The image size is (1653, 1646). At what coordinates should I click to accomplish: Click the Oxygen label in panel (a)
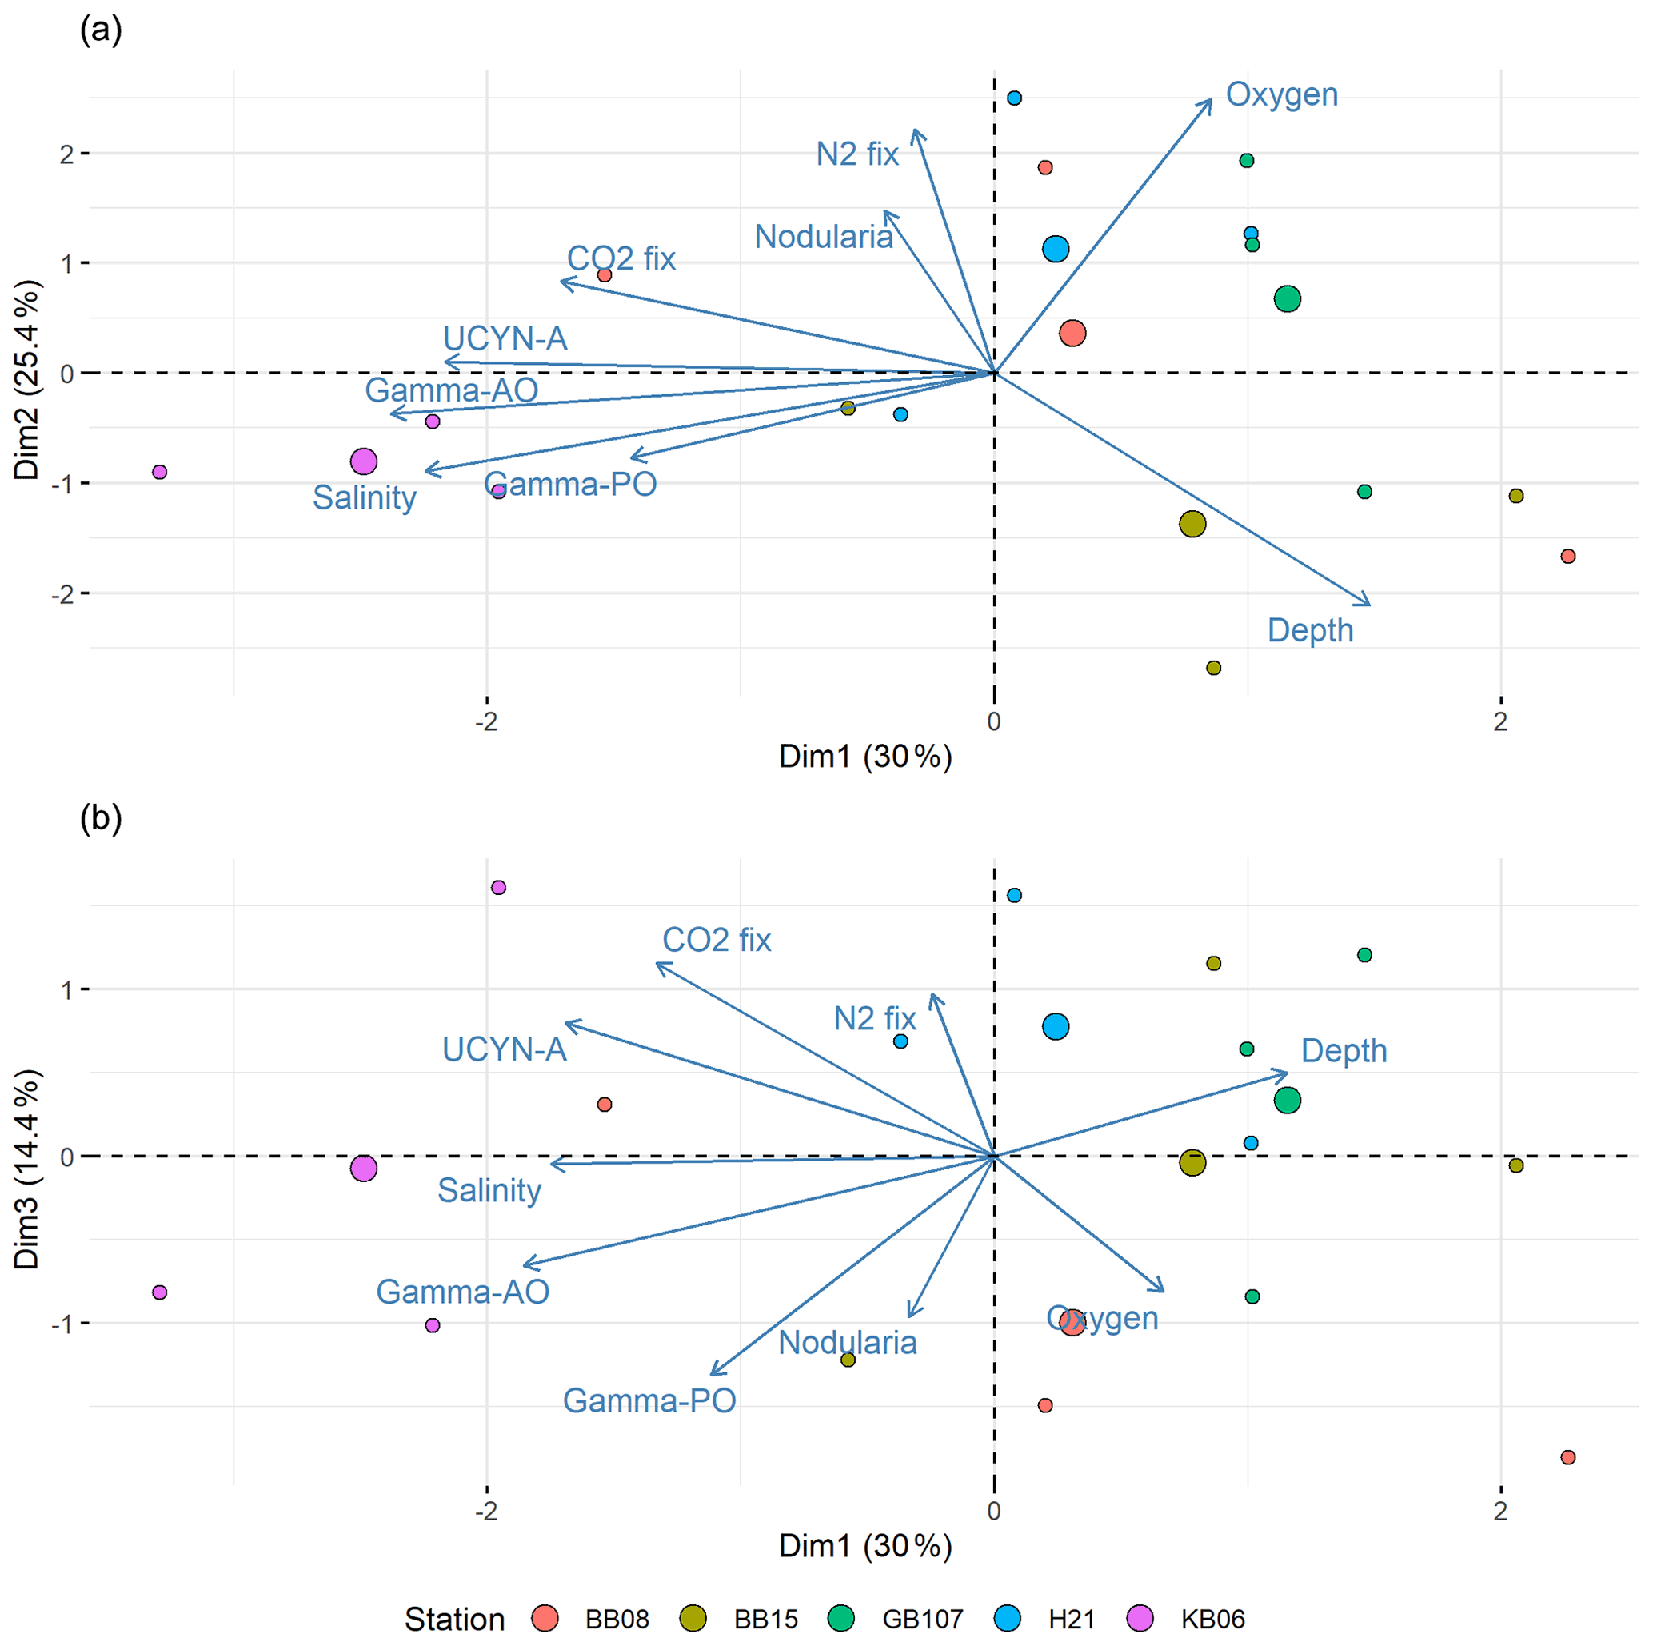pyautogui.click(x=1281, y=94)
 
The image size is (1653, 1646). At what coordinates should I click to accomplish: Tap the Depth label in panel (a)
pyautogui.click(x=1309, y=630)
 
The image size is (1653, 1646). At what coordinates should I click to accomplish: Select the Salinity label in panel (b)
pyautogui.click(x=489, y=1190)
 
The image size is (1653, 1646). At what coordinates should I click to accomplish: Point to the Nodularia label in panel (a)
pyautogui.click(x=823, y=237)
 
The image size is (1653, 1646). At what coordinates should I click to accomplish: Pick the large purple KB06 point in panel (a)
pyautogui.click(x=364, y=462)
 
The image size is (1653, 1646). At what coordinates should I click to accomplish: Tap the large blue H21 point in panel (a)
pyautogui.click(x=1056, y=249)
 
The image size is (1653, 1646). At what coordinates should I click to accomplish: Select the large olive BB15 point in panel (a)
pyautogui.click(x=1192, y=525)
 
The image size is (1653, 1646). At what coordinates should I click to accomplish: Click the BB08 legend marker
pyautogui.click(x=545, y=1619)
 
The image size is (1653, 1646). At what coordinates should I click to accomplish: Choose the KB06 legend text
pyautogui.click(x=1212, y=1620)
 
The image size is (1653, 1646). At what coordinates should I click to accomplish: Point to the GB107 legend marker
pyautogui.click(x=841, y=1619)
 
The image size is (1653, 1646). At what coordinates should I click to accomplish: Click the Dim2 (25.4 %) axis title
pyautogui.click(x=27, y=379)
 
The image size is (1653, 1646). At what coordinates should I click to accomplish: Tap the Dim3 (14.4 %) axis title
pyautogui.click(x=27, y=1169)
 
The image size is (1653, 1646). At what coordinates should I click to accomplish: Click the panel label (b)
pyautogui.click(x=100, y=819)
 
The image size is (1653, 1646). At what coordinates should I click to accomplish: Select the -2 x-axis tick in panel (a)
pyautogui.click(x=486, y=722)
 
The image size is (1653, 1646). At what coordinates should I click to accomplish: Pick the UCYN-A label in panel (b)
pyautogui.click(x=504, y=1049)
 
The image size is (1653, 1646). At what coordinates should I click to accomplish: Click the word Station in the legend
pyautogui.click(x=454, y=1620)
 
